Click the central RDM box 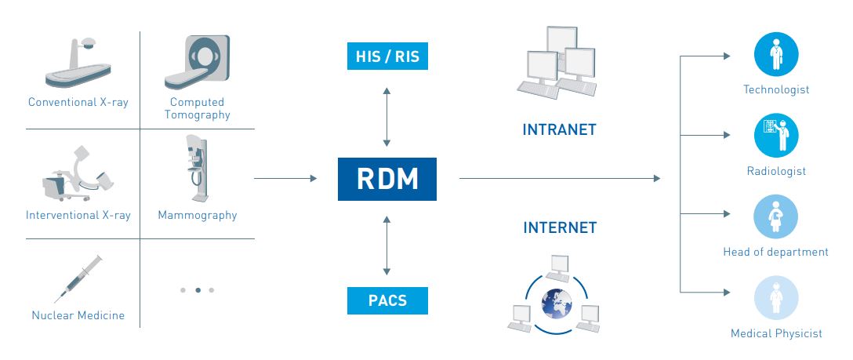(387, 180)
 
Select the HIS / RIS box (387, 56)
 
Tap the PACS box (387, 300)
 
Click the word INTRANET (559, 129)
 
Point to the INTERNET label (560, 228)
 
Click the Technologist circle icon (776, 54)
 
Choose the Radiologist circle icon (776, 136)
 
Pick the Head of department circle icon (776, 217)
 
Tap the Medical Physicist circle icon (776, 299)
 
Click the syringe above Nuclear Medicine (78, 278)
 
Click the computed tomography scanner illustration (198, 63)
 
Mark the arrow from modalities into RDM (285, 179)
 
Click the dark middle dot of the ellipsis (198, 290)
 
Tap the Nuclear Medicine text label (78, 315)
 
